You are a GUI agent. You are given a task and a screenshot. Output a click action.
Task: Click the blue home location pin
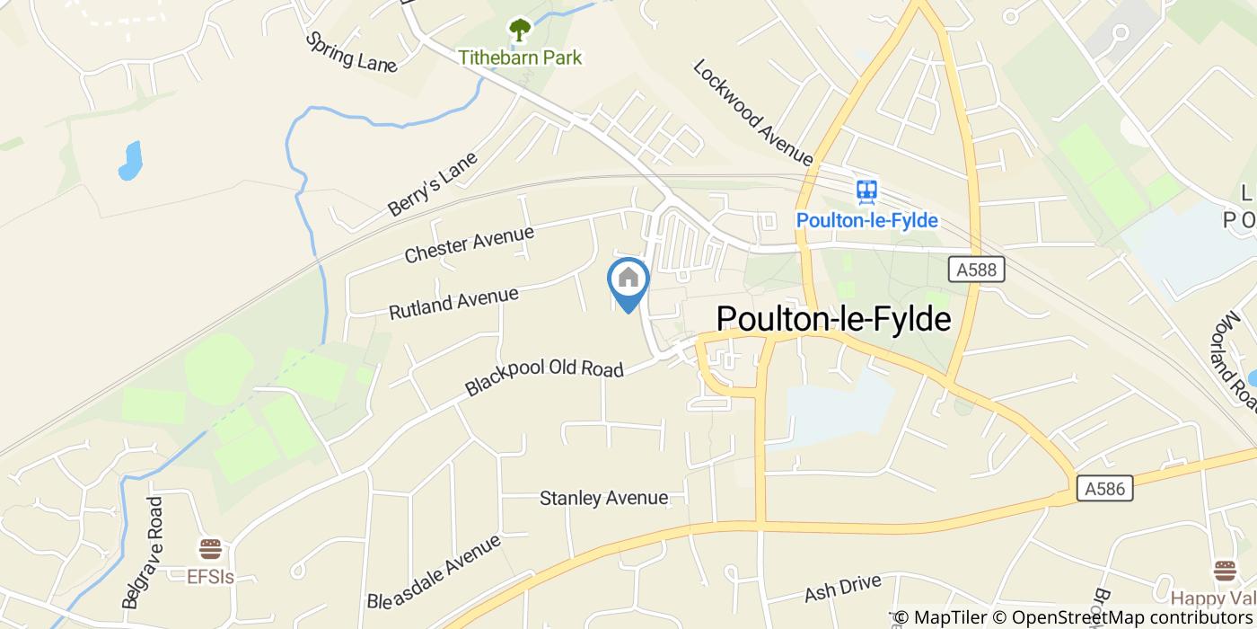(x=628, y=279)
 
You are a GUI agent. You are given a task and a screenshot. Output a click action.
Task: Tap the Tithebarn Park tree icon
(x=520, y=31)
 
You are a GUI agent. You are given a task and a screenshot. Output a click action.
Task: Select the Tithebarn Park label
(x=520, y=58)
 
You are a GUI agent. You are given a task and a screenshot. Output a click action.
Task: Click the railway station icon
(x=866, y=190)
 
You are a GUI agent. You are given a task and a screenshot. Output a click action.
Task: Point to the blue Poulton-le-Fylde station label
(x=866, y=220)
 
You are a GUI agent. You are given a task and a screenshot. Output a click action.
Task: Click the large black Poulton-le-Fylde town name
(x=833, y=319)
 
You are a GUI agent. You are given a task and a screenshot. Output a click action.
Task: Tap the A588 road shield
(x=976, y=269)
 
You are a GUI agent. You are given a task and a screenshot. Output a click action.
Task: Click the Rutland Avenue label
(x=453, y=303)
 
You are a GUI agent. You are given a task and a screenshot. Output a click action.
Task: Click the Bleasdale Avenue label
(x=433, y=571)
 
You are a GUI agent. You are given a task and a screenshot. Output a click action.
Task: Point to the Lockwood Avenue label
(x=752, y=113)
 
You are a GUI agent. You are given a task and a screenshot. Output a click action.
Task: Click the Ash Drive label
(x=842, y=588)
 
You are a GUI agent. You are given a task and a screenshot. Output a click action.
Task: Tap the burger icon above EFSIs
(x=210, y=548)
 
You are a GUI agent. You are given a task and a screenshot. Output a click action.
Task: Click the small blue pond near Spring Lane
(x=131, y=160)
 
